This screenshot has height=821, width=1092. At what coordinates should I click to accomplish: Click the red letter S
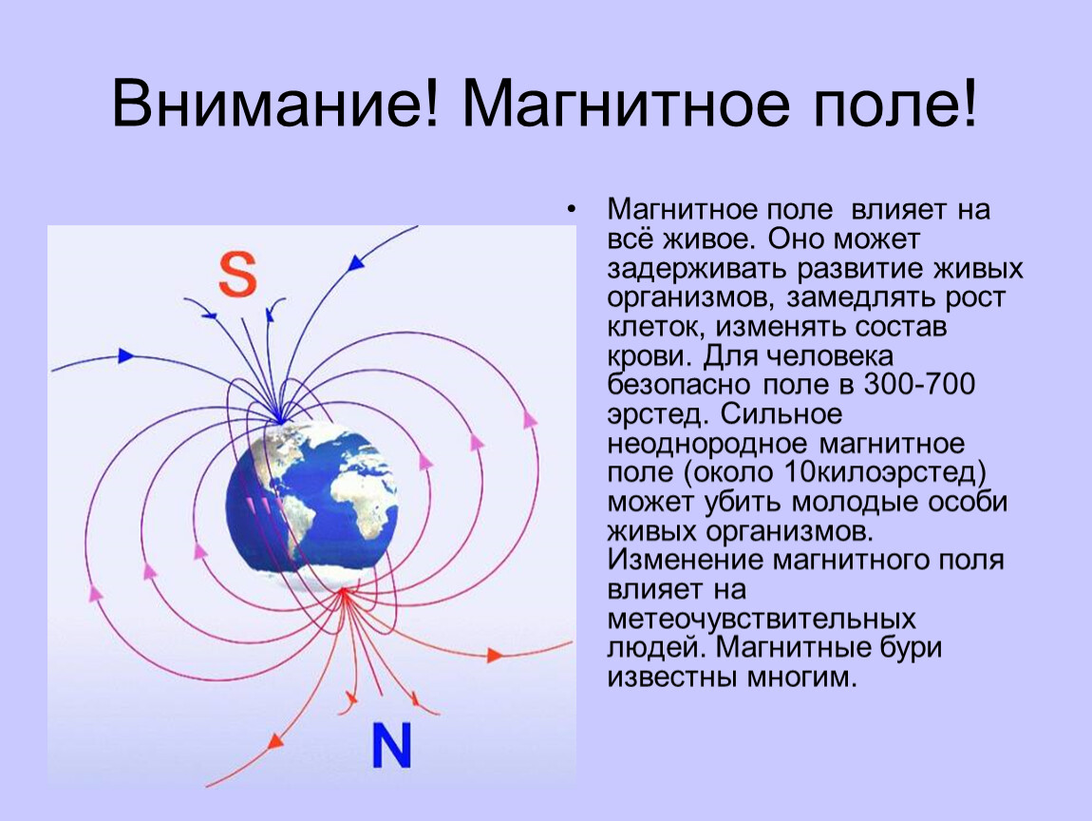[x=237, y=275]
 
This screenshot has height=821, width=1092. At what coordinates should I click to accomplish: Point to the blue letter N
[x=391, y=745]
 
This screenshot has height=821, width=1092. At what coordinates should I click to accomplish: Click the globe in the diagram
[x=311, y=497]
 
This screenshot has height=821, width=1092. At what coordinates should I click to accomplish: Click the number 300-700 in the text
[x=919, y=384]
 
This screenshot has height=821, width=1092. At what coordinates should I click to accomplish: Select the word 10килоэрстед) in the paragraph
[x=885, y=472]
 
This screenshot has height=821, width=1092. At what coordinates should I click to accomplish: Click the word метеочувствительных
[x=762, y=619]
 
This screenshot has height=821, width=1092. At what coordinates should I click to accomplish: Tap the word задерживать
[x=698, y=269]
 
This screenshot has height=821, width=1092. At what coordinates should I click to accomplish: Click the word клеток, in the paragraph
[x=657, y=328]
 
